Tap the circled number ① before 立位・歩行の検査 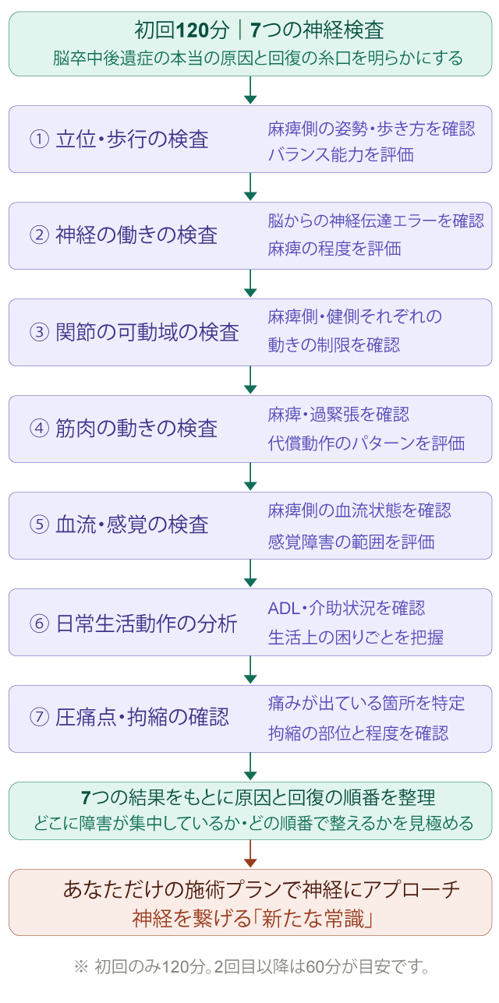coord(39,140)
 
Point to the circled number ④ coord(39,429)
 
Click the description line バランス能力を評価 coord(340,154)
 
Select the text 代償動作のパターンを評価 coord(366,443)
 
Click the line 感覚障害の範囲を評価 coord(351,541)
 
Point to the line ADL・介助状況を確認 coord(346,608)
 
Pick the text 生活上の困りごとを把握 coord(356,637)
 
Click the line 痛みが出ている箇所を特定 coord(366,704)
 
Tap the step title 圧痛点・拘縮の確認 coord(142,718)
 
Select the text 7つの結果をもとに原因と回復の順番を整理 coord(258,797)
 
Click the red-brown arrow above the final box coord(250,854)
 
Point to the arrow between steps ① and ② coord(250,187)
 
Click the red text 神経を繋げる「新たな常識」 coord(250,919)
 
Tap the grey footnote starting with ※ coord(250,968)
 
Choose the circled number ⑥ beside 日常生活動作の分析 coord(39,622)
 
